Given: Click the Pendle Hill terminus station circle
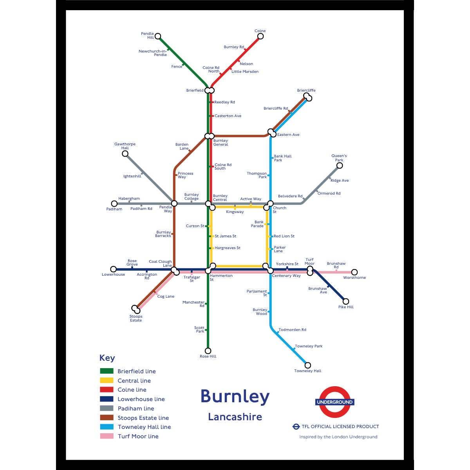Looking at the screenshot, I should (x=158, y=36).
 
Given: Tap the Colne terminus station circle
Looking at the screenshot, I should (x=260, y=36).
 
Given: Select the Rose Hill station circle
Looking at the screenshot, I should (x=208, y=351).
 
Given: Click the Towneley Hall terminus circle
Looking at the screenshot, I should (x=308, y=365).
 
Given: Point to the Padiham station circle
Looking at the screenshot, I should (x=114, y=204).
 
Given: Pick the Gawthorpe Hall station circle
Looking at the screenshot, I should (x=125, y=154).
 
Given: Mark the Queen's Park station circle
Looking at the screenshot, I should (x=340, y=165).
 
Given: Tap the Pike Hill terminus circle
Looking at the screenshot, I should (x=346, y=301).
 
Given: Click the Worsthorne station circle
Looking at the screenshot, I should (x=354, y=272).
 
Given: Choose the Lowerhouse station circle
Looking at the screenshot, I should (x=114, y=269).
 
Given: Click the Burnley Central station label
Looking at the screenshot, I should (x=220, y=198).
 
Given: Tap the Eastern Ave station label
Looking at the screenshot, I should (x=288, y=135).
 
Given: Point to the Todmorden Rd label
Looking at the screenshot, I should (x=292, y=330).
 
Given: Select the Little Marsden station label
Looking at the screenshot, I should (x=245, y=72).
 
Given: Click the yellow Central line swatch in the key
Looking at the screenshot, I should (x=107, y=380).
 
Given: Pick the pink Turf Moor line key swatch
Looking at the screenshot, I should (x=107, y=436).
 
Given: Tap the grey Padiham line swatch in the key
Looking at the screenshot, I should (x=107, y=408).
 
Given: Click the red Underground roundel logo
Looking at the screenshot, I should (x=335, y=402).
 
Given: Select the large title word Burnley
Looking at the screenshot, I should (x=235, y=396).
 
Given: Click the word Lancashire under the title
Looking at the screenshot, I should (x=235, y=417).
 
